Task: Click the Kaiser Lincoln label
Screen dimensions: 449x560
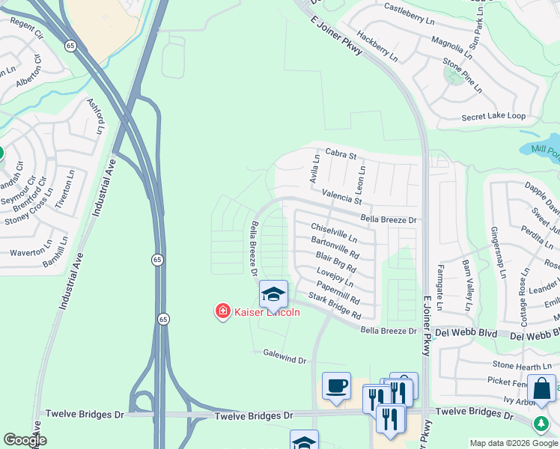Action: coord(267,312)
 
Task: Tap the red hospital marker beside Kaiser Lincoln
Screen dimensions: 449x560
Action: coord(222,311)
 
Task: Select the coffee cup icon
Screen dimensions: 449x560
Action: coord(336,386)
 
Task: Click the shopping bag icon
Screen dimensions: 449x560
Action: coord(541,389)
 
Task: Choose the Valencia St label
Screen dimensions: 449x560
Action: coord(341,198)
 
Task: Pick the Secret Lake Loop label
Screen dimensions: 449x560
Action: coord(493,117)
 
